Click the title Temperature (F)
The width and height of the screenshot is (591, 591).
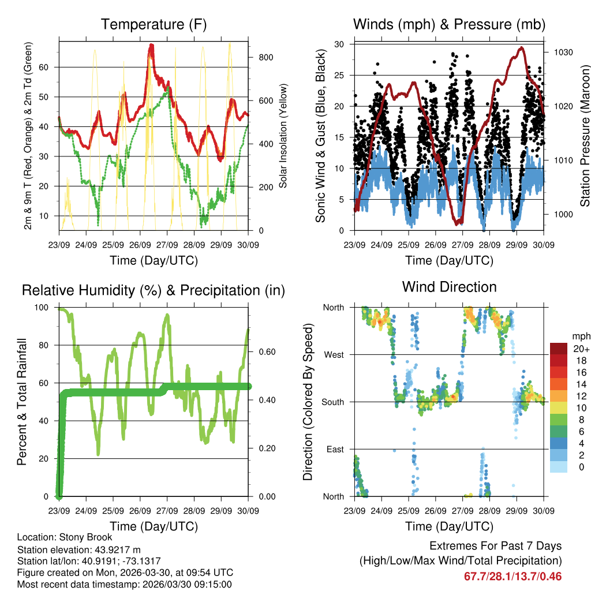pyautogui.click(x=154, y=25)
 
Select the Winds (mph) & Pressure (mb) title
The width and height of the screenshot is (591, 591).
pyautogui.click(x=449, y=25)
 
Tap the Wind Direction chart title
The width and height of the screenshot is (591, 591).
pyautogui.click(x=449, y=287)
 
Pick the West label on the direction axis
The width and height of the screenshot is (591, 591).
pyautogui.click(x=333, y=355)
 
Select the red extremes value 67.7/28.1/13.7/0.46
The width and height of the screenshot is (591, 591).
pyautogui.click(x=513, y=576)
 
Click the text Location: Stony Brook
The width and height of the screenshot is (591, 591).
pyautogui.click(x=65, y=537)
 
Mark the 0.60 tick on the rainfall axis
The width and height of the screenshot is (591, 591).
pyautogui.click(x=265, y=352)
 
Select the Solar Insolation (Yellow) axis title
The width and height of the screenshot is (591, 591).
pyautogui.click(x=283, y=136)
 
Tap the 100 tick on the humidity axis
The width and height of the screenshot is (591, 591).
pyautogui.click(x=41, y=308)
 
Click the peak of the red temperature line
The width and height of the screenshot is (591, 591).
pyautogui.click(x=151, y=45)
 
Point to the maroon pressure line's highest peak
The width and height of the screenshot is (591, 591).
pyautogui.click(x=522, y=48)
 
